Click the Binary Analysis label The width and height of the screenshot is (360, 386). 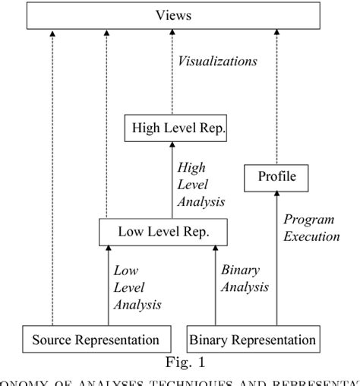pos(244,278)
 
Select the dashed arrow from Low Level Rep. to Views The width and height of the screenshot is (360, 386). pos(107,122)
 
